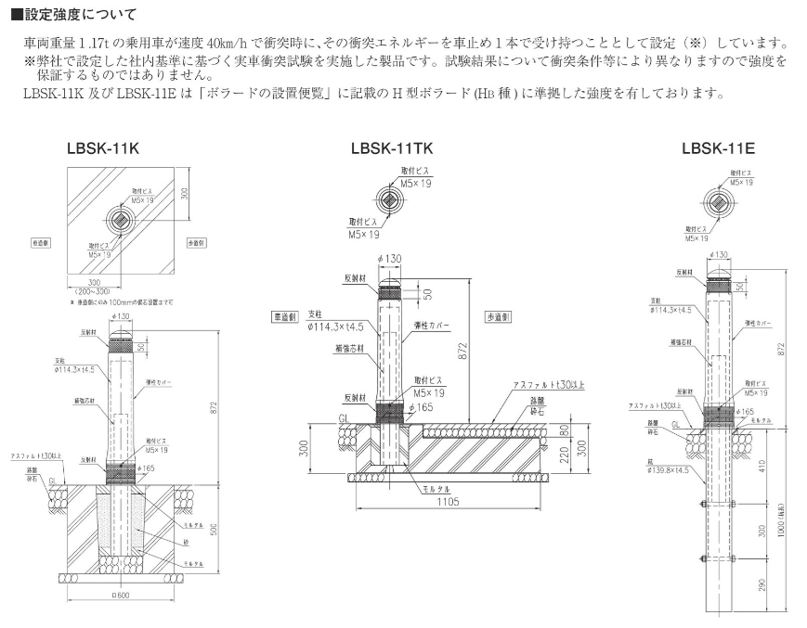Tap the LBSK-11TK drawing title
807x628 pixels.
click(x=392, y=148)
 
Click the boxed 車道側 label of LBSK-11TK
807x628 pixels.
click(x=284, y=314)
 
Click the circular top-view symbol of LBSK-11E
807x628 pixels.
click(x=718, y=202)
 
